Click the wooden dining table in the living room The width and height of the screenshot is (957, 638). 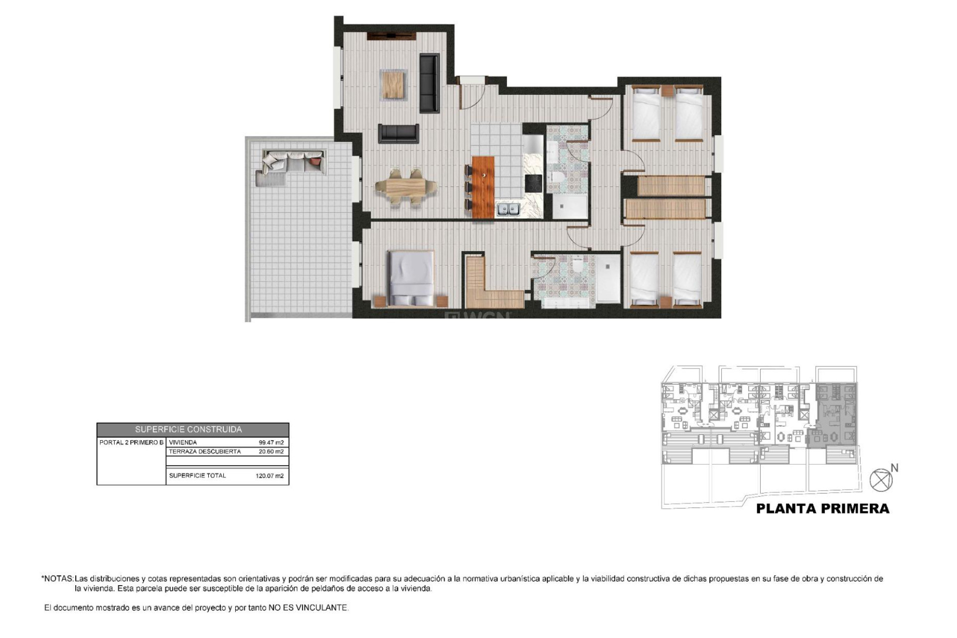tap(406, 188)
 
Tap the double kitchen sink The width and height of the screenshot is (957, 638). tap(508, 209)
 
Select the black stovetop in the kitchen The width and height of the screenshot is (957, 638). tap(533, 183)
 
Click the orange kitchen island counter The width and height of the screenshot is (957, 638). tap(483, 187)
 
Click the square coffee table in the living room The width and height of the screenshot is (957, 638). tap(394, 85)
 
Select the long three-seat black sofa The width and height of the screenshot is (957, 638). tap(429, 83)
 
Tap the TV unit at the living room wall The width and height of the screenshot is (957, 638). tap(392, 36)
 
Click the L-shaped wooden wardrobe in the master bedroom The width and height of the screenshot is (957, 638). tap(491, 289)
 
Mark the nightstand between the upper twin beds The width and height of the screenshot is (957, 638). tap(667, 91)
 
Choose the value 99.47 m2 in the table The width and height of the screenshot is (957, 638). tap(271, 443)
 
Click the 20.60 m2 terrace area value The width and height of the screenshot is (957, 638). tap(271, 452)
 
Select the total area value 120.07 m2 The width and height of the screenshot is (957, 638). tap(269, 476)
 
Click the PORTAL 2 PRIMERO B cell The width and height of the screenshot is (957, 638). tap(131, 443)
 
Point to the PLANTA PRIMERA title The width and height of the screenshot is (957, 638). tap(822, 509)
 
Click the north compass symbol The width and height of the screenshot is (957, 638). tap(880, 480)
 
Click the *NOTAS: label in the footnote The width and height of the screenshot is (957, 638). tap(57, 579)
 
